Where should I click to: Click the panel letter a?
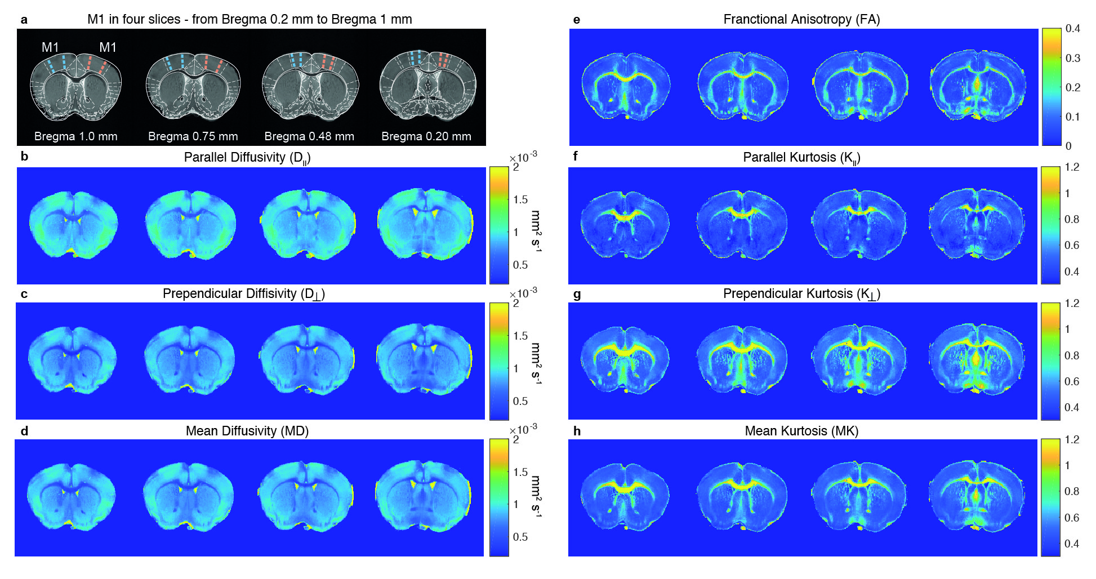pos(24,20)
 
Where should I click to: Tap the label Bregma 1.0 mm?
pos(76,136)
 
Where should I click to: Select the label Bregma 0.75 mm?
pos(193,136)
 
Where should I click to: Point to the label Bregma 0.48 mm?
pos(309,136)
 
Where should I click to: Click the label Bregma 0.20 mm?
pos(426,136)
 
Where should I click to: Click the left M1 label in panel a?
pos(50,47)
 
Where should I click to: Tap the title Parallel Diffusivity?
pos(247,158)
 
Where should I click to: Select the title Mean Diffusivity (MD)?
pos(247,431)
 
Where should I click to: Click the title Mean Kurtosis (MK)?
pos(801,431)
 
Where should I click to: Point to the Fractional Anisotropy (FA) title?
pos(801,20)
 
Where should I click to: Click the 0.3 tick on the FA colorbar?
pos(1073,58)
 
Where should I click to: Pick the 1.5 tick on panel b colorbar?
pos(520,200)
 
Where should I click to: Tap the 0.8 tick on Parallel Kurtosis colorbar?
pos(1072,219)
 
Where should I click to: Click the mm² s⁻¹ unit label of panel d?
pos(536,496)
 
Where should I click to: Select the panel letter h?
pos(577,431)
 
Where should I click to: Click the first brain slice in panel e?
pos(626,87)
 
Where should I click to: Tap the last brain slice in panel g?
pos(976,359)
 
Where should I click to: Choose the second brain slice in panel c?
pos(189,359)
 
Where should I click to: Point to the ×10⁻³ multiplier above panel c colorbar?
pos(523,293)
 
